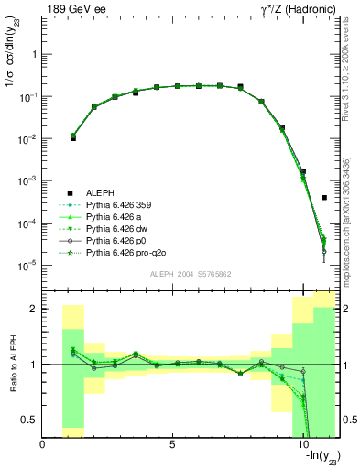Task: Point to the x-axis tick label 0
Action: [x=43, y=445]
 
